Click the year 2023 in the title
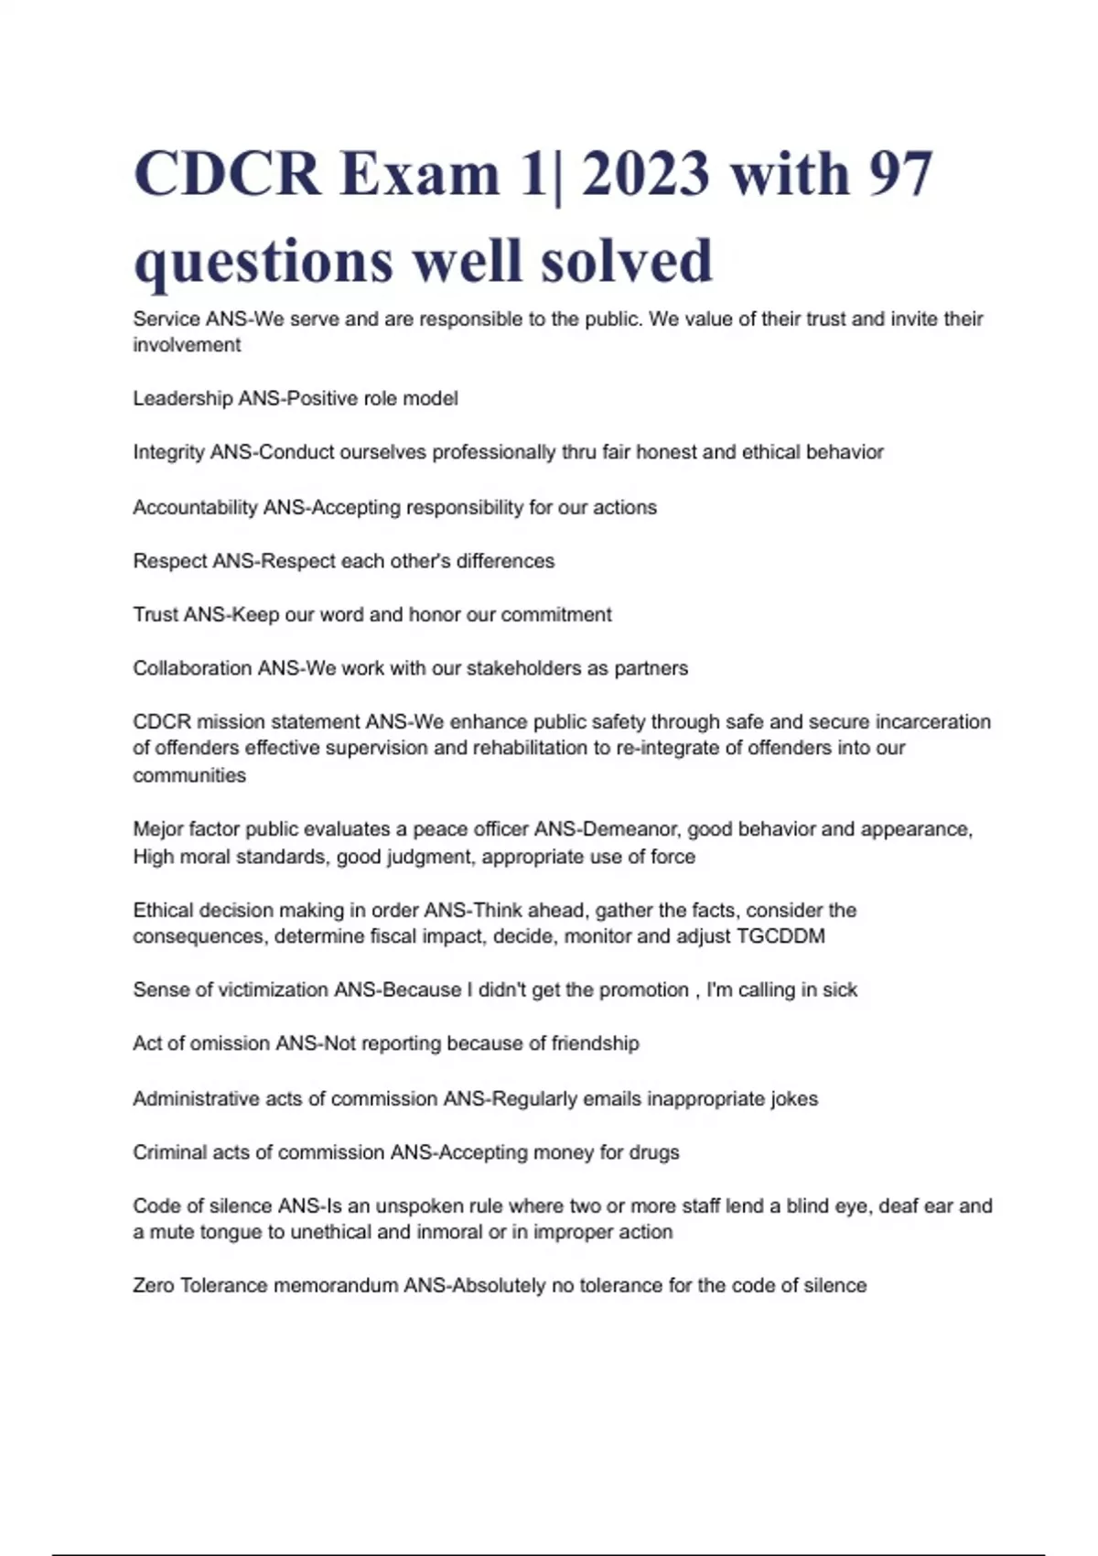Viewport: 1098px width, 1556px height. coord(645,173)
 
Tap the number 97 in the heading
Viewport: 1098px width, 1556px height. coord(899,173)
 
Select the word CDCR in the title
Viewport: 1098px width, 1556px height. coord(227,173)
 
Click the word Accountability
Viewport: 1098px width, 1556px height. coord(195,507)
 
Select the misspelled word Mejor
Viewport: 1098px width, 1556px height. coord(157,829)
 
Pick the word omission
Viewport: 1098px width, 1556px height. coord(230,1043)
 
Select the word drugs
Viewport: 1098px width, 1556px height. coord(654,1152)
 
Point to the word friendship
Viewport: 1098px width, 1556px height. coord(595,1043)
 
